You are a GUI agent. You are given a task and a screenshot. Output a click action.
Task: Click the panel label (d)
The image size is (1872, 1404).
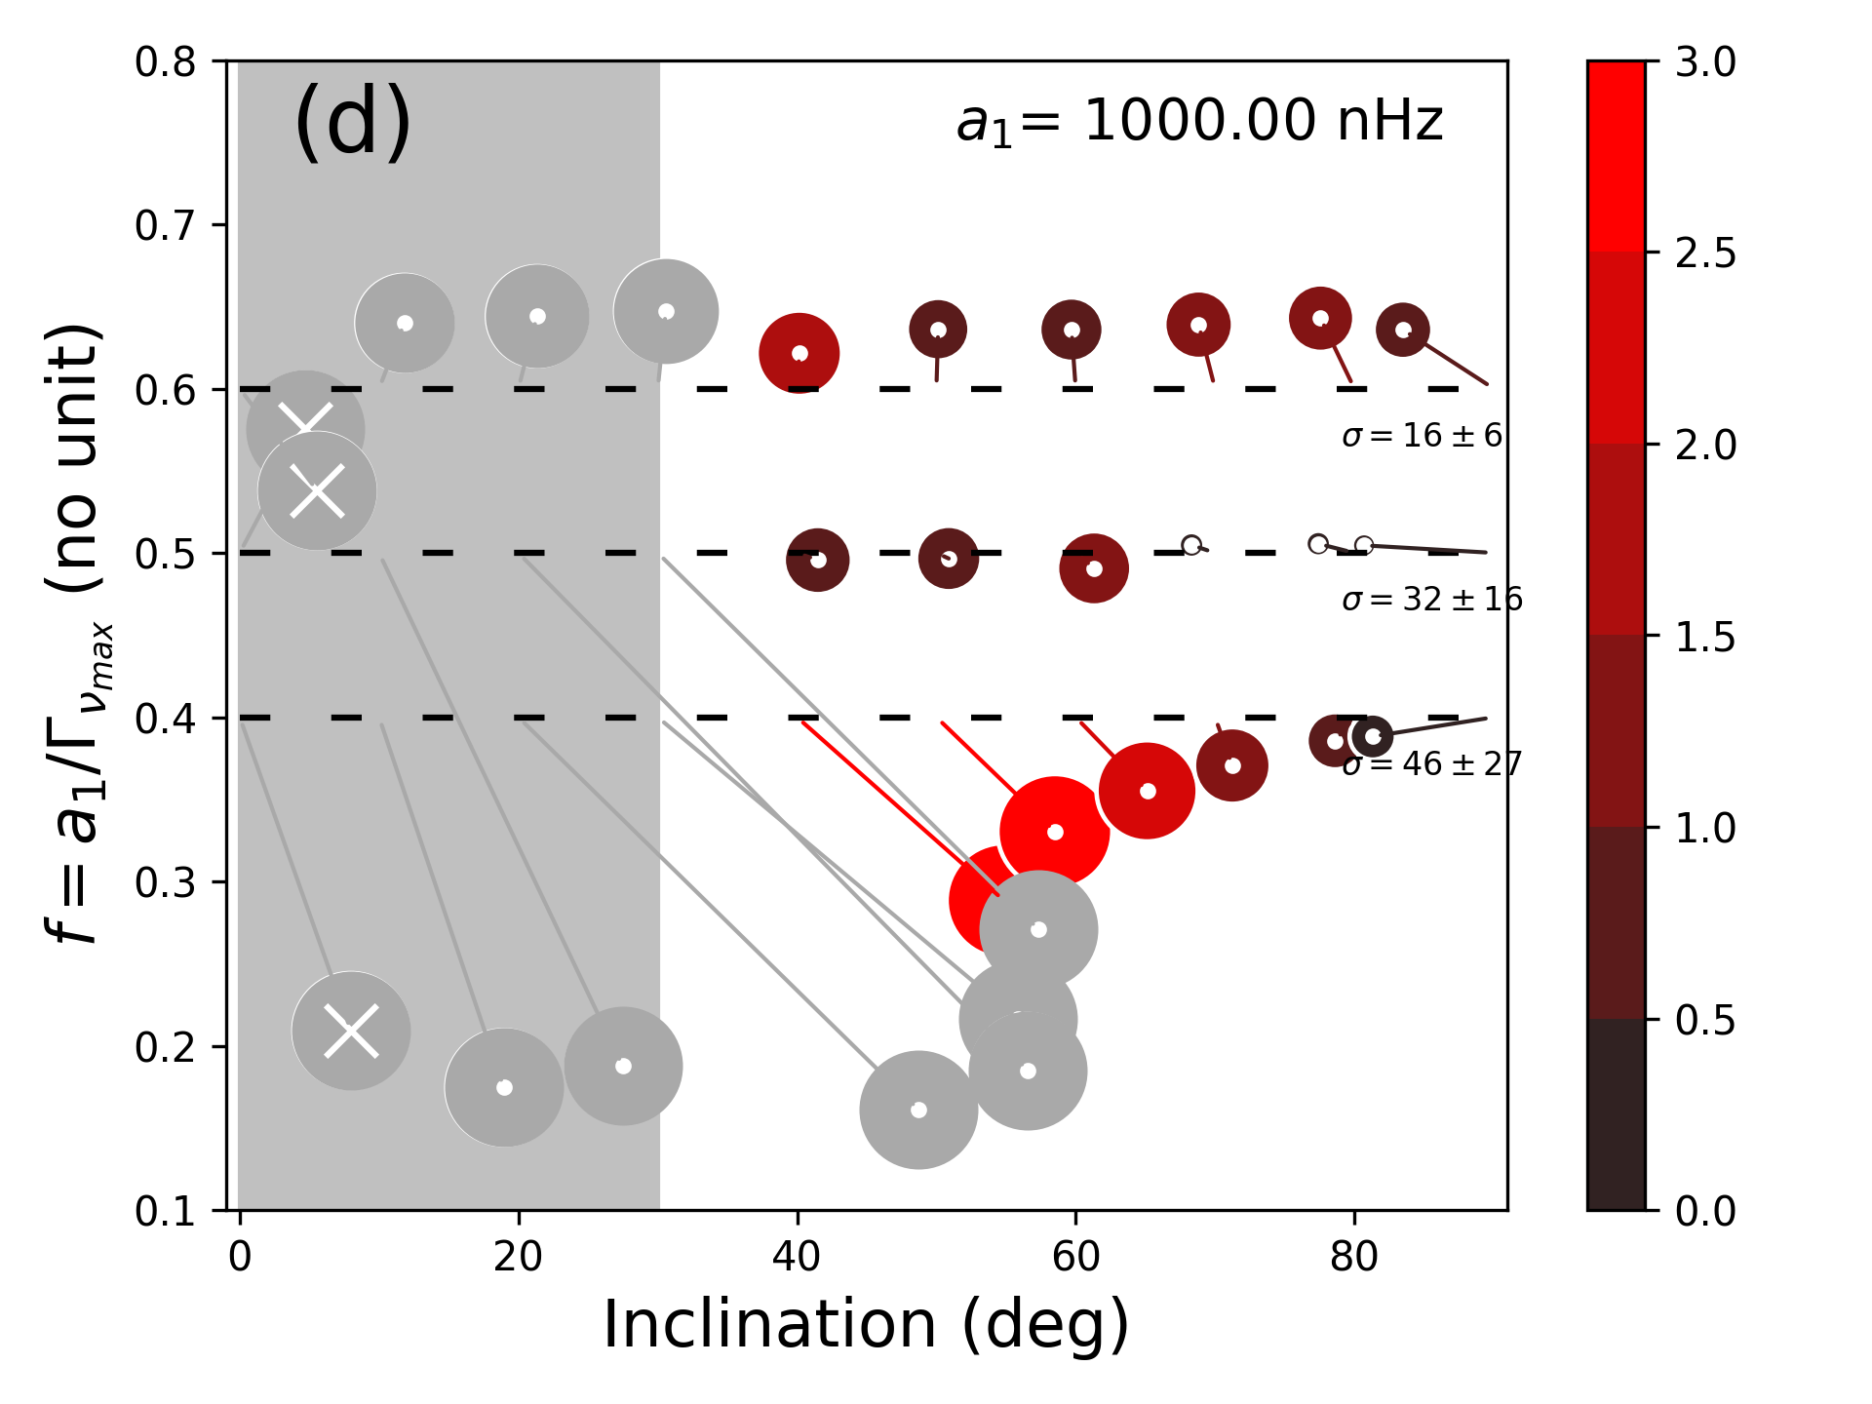coord(352,121)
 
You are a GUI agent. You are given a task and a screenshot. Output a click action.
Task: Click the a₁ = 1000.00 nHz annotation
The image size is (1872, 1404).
coord(1199,122)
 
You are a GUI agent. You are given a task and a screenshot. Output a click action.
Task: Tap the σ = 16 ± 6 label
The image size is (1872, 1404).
coord(1422,436)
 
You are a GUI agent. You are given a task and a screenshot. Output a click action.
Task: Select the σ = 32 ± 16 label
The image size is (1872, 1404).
coord(1431,600)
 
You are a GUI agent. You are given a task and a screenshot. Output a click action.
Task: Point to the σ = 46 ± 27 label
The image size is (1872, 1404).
coord(1431,763)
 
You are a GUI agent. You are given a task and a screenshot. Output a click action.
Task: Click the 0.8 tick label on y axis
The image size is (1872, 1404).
coord(166,61)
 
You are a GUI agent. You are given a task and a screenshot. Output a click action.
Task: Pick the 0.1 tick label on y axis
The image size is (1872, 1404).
coord(166,1211)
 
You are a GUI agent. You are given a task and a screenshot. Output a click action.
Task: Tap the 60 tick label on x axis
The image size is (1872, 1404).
coord(1075,1258)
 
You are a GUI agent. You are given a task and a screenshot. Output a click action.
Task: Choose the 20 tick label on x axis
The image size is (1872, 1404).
coord(518,1258)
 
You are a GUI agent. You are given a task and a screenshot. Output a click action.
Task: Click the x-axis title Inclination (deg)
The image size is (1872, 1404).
coord(866,1324)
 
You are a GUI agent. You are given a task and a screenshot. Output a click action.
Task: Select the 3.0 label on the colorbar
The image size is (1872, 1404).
coord(1705,61)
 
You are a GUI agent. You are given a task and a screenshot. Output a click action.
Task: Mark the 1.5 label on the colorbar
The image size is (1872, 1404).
coord(1705,637)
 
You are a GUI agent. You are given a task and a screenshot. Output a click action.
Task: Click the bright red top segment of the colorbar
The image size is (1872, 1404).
coord(1616,156)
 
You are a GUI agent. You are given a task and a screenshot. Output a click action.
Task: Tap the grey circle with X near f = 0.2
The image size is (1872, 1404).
coord(351,1031)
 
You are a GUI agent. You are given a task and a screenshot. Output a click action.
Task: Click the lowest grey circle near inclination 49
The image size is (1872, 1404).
coord(918,1110)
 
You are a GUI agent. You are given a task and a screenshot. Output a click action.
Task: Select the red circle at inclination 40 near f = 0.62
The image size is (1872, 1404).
coord(799,353)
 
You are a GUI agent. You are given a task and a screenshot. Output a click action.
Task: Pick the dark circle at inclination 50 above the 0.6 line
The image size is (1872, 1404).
coord(938,330)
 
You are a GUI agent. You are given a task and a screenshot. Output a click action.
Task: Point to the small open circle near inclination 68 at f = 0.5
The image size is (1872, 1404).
coord(1191,545)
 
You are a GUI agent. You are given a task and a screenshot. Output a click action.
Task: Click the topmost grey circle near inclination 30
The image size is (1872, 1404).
coord(666,312)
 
